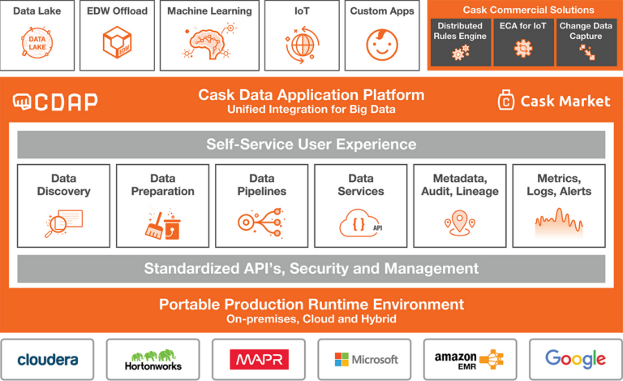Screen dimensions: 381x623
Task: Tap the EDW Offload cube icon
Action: (x=118, y=42)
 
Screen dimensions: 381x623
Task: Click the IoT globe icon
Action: (x=303, y=44)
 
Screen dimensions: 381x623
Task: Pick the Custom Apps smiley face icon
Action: (x=382, y=44)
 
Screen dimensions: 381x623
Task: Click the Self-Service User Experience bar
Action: (x=311, y=145)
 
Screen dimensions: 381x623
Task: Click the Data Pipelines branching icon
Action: (x=261, y=223)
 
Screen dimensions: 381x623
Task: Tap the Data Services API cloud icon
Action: (x=361, y=223)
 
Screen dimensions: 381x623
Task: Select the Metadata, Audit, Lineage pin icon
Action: (x=459, y=223)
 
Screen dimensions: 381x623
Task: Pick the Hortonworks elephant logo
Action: (x=153, y=358)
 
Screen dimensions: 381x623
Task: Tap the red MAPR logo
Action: (x=259, y=358)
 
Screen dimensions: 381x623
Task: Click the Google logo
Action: (x=575, y=358)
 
